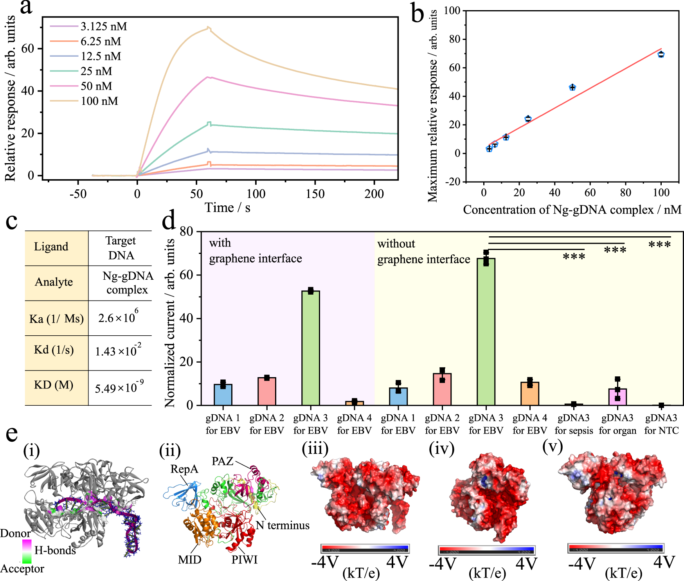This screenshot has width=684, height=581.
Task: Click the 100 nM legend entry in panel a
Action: (x=99, y=101)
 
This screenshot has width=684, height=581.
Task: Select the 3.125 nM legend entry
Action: (x=103, y=27)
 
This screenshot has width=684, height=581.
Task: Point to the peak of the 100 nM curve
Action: (x=208, y=28)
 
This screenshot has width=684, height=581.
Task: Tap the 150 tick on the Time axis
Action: (x=315, y=194)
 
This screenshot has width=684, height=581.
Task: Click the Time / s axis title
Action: (x=227, y=208)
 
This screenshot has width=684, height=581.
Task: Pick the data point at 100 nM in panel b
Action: (x=661, y=54)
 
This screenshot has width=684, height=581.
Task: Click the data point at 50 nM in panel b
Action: (x=572, y=87)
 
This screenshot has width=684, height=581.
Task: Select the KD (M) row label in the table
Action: (x=54, y=385)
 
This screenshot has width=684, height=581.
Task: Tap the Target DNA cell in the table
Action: (x=121, y=248)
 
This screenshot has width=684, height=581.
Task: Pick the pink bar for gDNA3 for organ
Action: (x=617, y=397)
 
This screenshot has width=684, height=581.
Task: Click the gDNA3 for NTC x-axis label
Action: (x=661, y=424)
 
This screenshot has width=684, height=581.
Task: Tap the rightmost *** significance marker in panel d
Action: (x=659, y=245)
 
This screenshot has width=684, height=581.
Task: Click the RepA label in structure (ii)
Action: (x=184, y=469)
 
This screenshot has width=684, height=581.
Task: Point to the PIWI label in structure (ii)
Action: (x=244, y=559)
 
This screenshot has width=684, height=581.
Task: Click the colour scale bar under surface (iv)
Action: (x=486, y=550)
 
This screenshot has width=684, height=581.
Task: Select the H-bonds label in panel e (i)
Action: (x=55, y=550)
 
